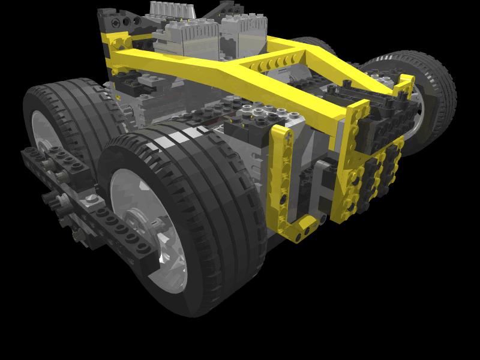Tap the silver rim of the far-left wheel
(x=42, y=129)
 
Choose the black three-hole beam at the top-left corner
(x=114, y=21)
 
